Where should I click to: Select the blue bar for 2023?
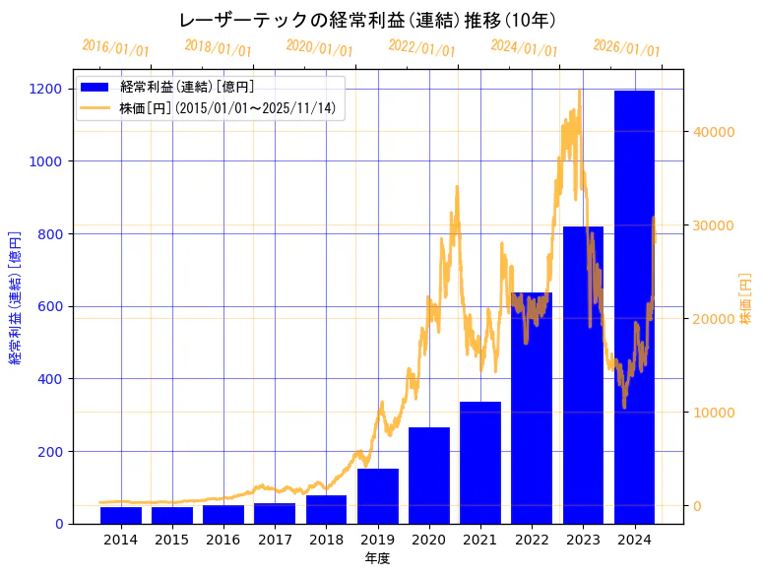583,375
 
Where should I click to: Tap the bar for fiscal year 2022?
532,409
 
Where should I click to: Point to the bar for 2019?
378,496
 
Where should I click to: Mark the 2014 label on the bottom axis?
121,540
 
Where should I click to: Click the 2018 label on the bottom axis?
326,540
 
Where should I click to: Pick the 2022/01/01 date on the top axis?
421,48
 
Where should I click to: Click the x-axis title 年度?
377,558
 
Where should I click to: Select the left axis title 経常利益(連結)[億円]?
15,297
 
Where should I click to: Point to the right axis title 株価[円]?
745,298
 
